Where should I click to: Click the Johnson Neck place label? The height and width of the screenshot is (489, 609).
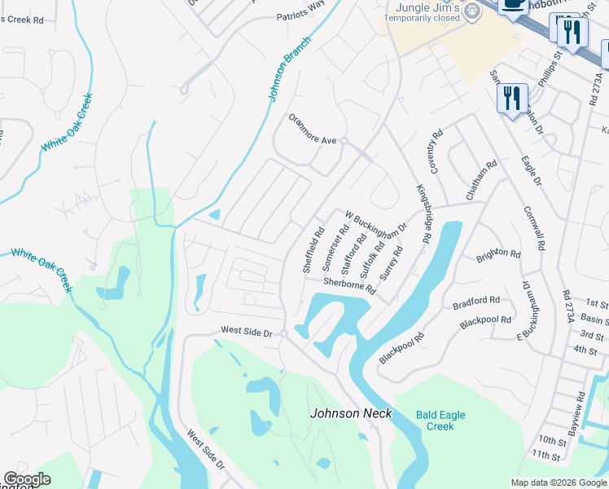351,413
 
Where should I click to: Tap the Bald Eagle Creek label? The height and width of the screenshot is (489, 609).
440,421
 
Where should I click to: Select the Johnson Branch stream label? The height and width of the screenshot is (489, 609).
289,68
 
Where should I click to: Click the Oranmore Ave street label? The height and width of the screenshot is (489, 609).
312,140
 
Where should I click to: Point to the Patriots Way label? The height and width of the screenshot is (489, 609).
300,15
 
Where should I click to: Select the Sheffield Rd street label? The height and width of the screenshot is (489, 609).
313,249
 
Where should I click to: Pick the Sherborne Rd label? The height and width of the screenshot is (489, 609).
349,285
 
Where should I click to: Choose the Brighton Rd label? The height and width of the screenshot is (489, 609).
498,254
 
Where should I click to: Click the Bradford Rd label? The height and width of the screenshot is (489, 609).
476,303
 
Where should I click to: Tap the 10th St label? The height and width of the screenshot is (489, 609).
551,440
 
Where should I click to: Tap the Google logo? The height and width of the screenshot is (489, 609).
28,479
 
